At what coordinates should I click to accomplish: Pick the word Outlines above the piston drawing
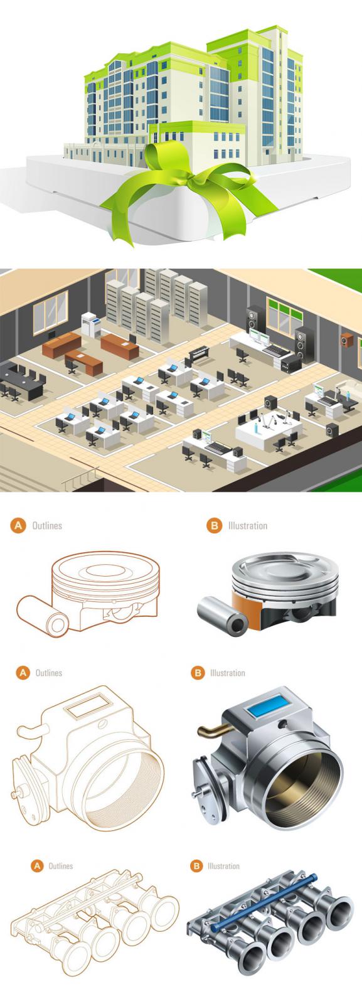point(47,526)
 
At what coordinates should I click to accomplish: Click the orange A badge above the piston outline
point(18,526)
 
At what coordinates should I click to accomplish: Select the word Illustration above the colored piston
point(248,526)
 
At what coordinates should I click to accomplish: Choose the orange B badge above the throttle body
point(198,673)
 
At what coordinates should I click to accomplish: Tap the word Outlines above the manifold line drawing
point(60,866)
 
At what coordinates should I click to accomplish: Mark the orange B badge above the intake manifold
point(196,866)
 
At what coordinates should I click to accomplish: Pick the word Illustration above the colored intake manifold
point(223,866)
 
